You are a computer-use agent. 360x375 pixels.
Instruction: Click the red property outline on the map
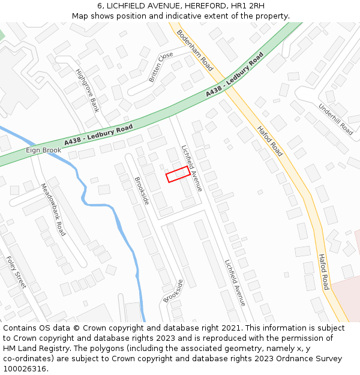pos(178,175)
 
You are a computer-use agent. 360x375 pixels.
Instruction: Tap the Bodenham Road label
pos(195,51)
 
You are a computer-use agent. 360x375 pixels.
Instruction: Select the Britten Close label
pos(160,67)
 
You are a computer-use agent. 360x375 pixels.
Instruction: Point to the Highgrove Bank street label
pos(87,91)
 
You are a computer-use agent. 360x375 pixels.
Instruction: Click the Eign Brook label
pos(43,150)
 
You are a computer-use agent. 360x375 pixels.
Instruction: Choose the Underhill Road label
pos(336,118)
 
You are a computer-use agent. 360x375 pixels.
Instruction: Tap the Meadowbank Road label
pos(52,209)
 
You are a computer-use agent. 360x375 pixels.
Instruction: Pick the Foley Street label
pos(16,272)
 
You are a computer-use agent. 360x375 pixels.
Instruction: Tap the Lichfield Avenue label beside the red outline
pos(192,168)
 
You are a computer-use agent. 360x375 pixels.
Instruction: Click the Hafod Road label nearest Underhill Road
pos(269,141)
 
